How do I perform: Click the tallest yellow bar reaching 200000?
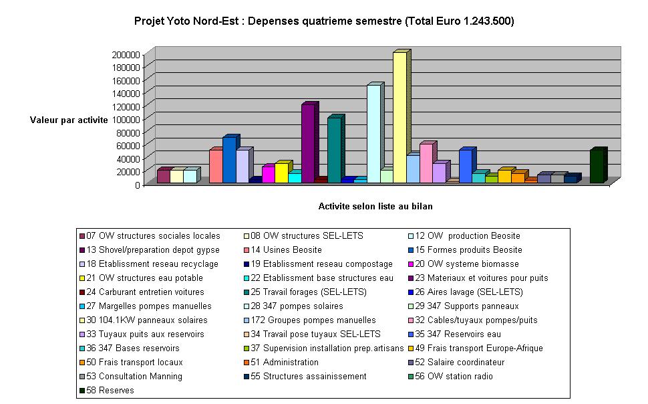[399, 117]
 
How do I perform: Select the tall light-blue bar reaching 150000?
[373, 134]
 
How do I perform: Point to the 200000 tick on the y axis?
[126, 54]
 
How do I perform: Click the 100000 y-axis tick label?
[126, 119]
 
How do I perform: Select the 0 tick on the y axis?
[136, 185]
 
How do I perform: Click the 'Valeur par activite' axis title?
[69, 120]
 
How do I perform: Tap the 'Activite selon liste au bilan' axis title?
[375, 206]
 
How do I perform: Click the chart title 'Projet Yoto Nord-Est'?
[324, 21]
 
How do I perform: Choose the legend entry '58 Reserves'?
[111, 390]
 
